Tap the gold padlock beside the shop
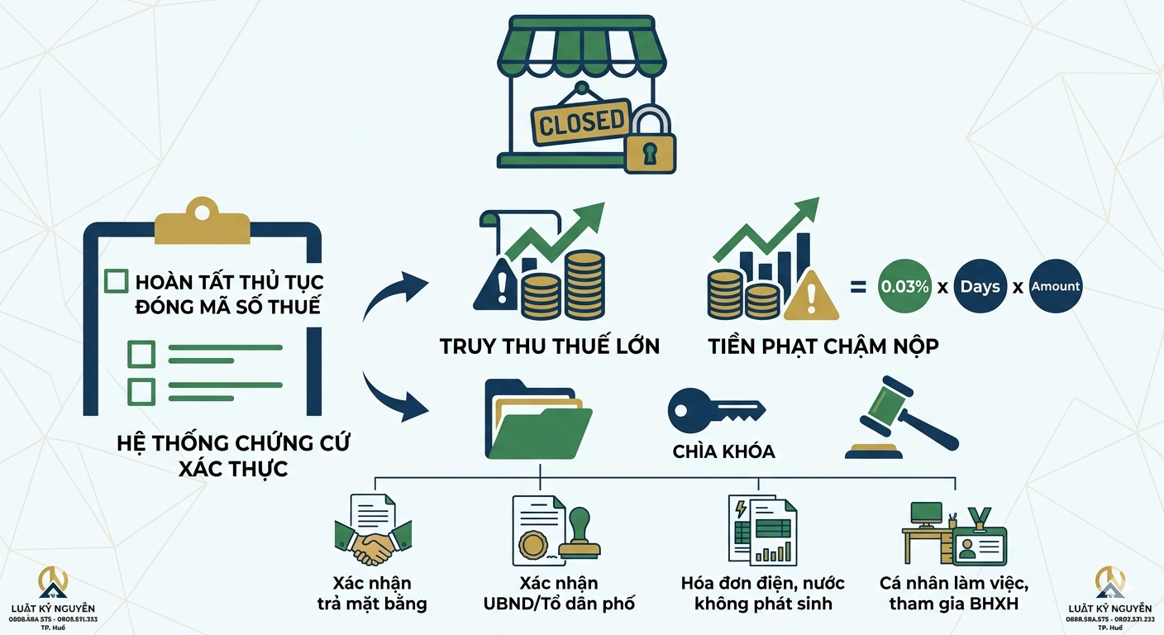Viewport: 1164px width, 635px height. (x=650, y=141)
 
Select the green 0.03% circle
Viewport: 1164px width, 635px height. (x=904, y=286)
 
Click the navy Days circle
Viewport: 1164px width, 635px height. (x=980, y=286)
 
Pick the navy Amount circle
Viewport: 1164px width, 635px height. (x=1055, y=286)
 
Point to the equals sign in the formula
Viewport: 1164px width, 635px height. (x=857, y=287)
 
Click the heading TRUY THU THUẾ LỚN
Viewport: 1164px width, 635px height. (x=550, y=346)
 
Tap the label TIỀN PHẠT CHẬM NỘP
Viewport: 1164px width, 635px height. (x=823, y=346)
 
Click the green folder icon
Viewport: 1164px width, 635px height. (x=539, y=422)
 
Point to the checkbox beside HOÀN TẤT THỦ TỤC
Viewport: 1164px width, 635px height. (x=117, y=281)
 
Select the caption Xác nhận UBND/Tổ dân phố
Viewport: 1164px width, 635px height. (x=559, y=594)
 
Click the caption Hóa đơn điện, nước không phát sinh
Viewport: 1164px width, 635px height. (x=762, y=594)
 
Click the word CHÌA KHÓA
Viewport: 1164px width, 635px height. (x=723, y=451)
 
